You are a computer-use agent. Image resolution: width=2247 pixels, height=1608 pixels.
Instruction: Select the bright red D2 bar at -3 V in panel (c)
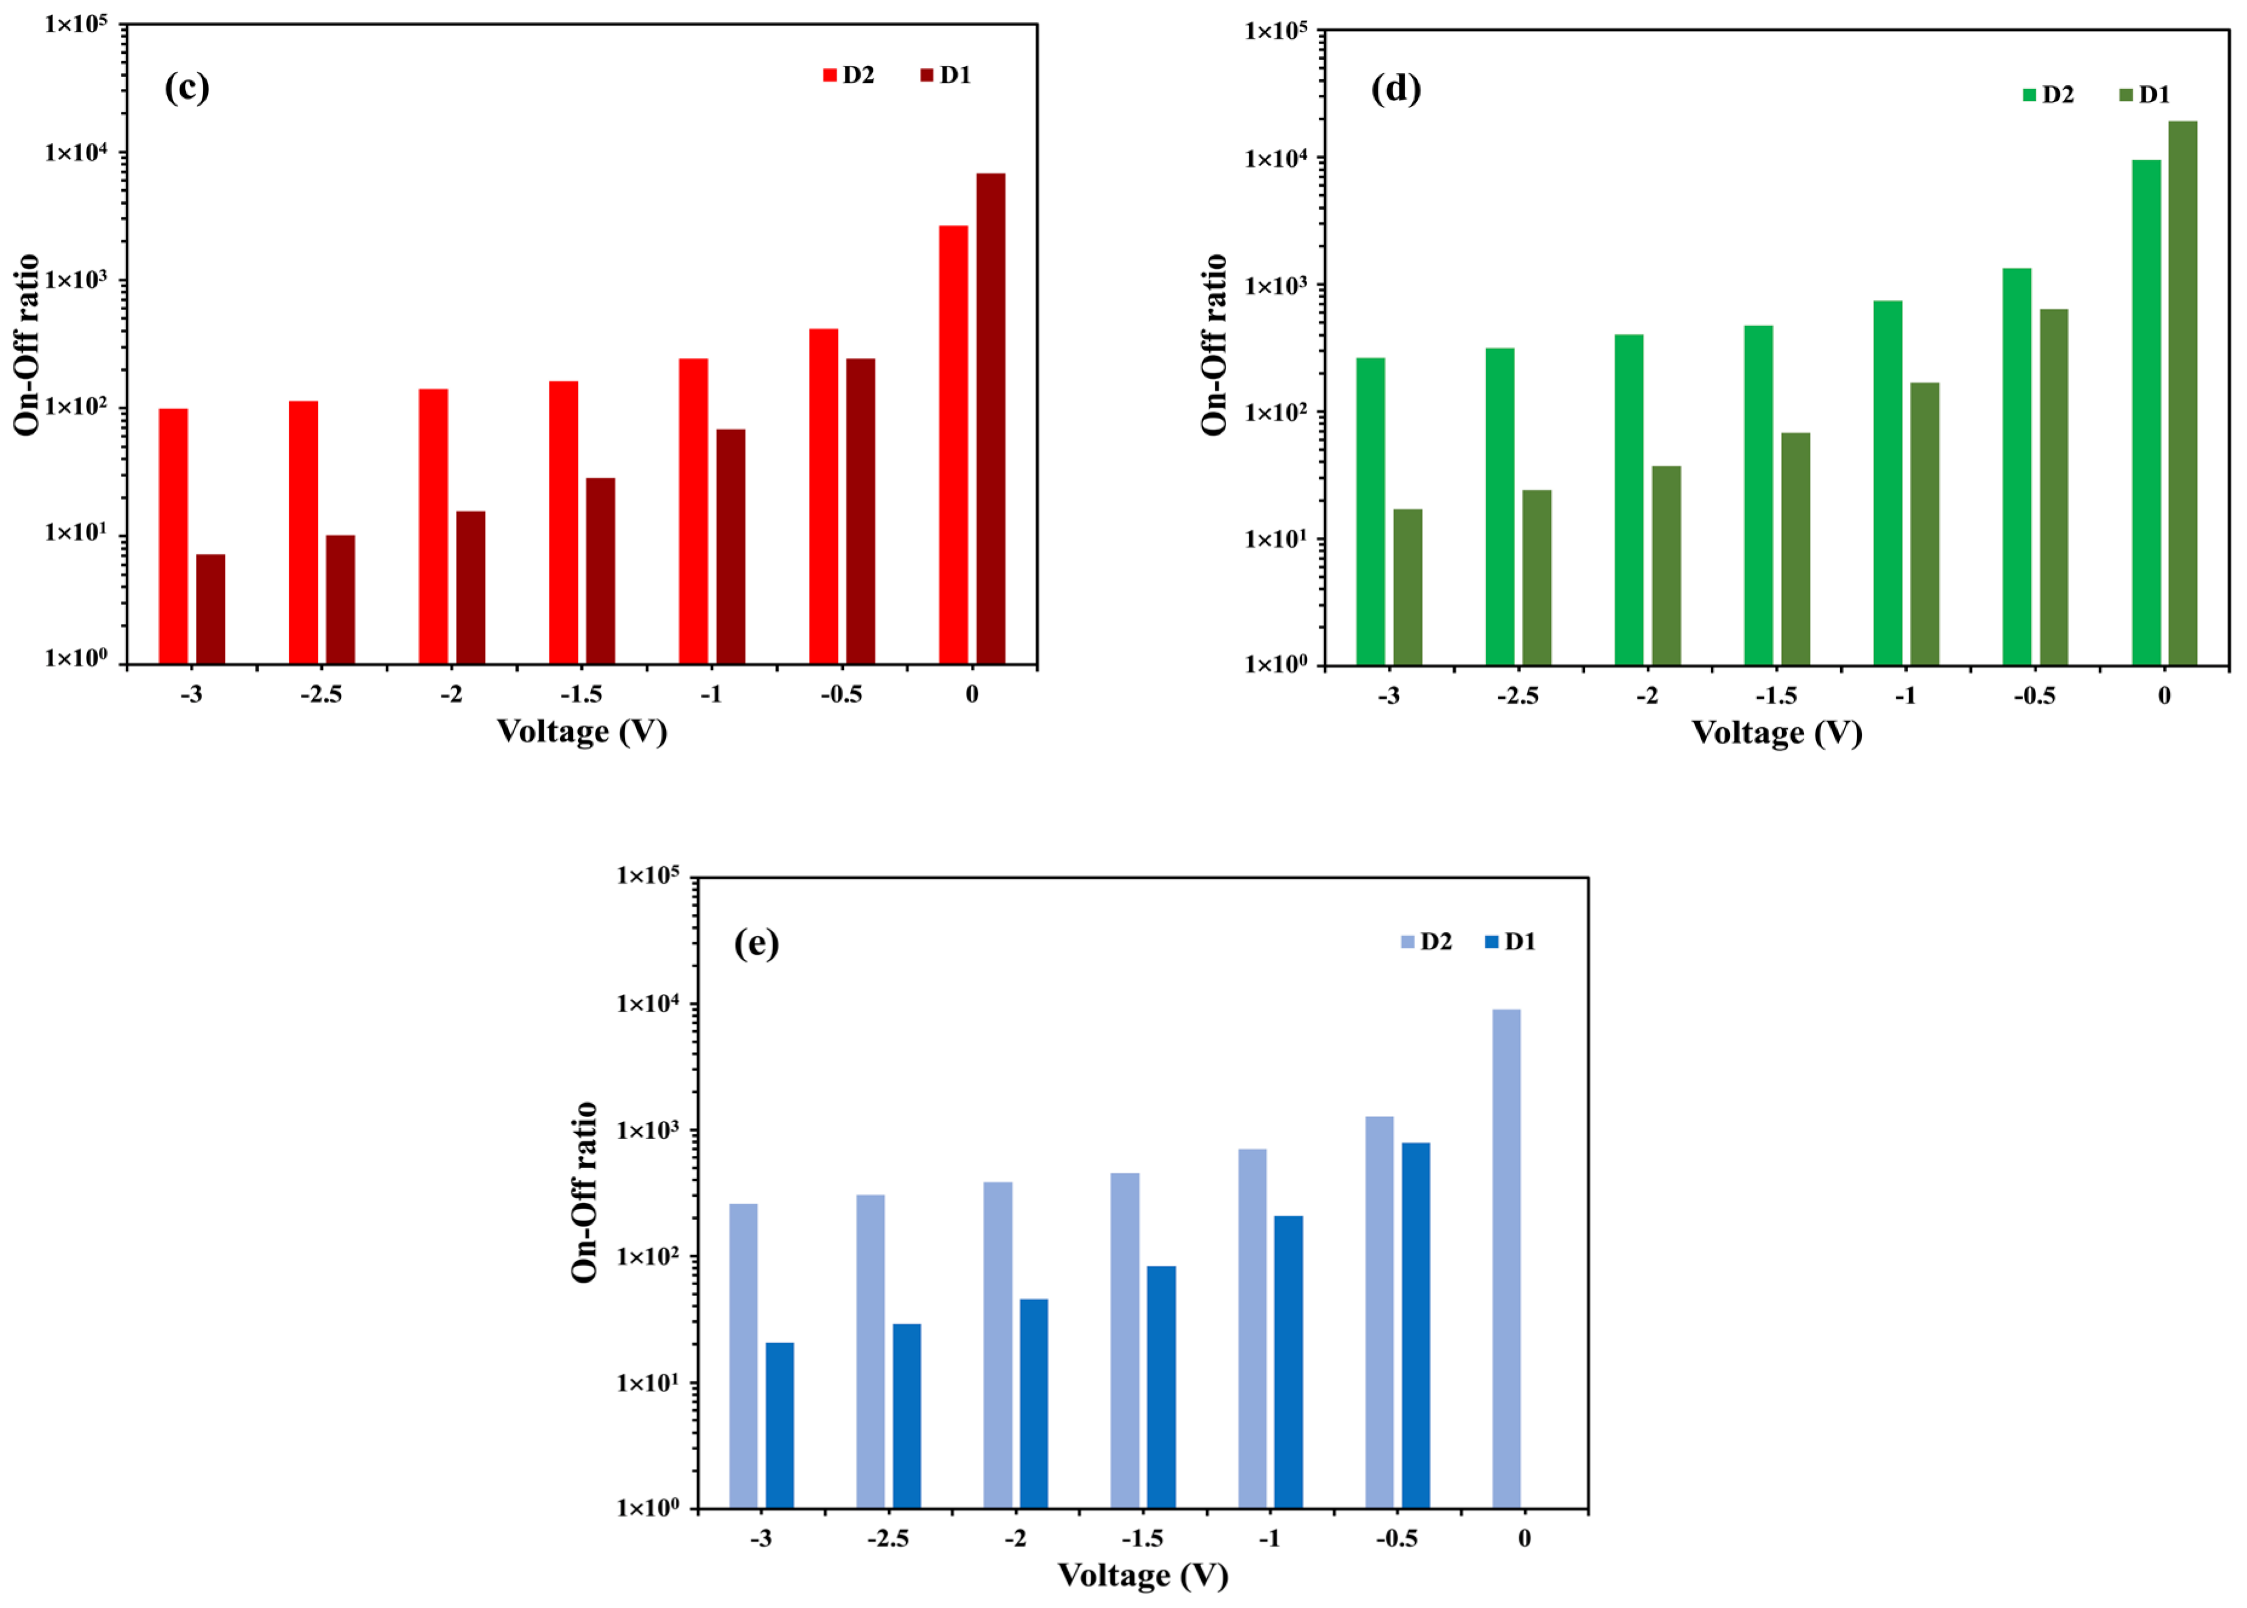point(173,534)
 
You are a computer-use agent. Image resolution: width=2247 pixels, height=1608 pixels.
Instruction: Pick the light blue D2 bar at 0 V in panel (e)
point(1506,1257)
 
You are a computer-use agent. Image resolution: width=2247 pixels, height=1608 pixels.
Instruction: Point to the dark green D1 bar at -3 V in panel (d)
point(1407,586)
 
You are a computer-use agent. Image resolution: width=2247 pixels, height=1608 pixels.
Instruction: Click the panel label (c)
point(187,88)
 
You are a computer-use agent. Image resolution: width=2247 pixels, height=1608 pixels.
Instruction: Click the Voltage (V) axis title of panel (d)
point(1777,733)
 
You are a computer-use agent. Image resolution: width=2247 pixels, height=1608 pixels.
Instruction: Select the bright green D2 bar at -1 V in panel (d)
point(1888,482)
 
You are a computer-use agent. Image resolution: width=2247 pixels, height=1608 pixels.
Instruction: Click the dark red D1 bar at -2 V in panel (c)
point(470,586)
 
